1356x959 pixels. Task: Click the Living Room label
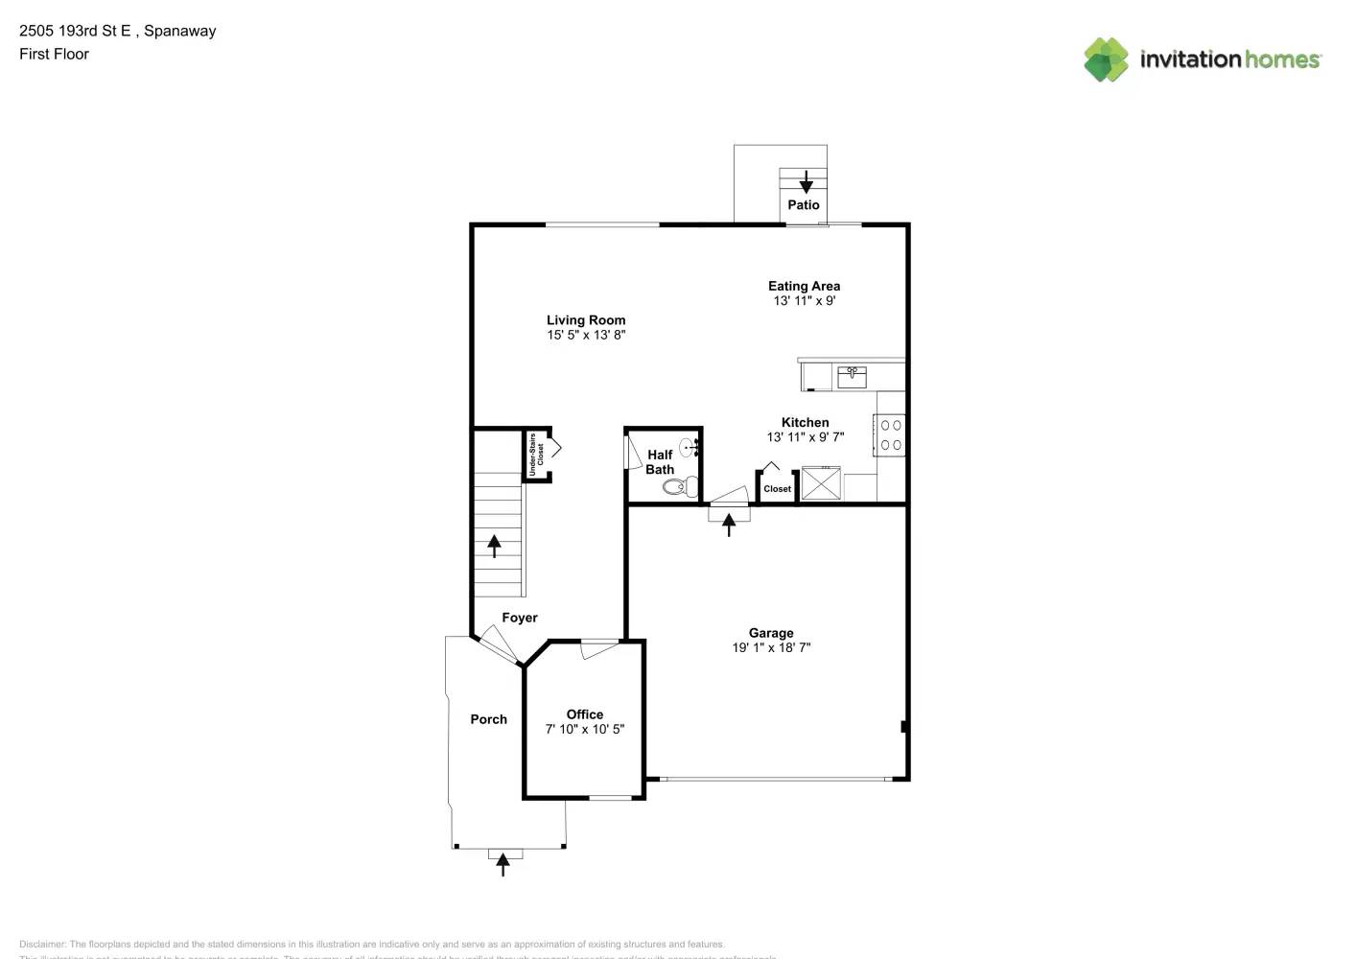click(x=586, y=320)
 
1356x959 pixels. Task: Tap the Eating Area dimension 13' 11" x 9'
click(x=804, y=300)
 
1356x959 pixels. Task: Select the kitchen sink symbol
click(x=852, y=376)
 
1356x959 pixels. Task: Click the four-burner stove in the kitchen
click(x=891, y=434)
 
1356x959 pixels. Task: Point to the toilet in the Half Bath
click(x=680, y=487)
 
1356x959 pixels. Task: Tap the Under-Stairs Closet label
click(x=536, y=455)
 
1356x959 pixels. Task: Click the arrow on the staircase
click(x=494, y=546)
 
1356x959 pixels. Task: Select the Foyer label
click(x=520, y=618)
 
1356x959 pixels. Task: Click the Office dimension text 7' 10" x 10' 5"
click(x=585, y=729)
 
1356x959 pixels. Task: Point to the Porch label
click(x=488, y=719)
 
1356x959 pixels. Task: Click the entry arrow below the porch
click(x=503, y=865)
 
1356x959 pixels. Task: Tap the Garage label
click(x=771, y=633)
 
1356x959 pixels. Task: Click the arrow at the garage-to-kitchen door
click(x=729, y=525)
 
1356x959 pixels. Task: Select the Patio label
click(x=804, y=205)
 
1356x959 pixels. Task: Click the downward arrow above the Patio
click(x=807, y=181)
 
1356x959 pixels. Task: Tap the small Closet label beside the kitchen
click(x=777, y=489)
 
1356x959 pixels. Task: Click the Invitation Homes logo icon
click(x=1106, y=59)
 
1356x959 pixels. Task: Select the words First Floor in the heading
click(x=54, y=54)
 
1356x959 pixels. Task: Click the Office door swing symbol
click(x=599, y=649)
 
